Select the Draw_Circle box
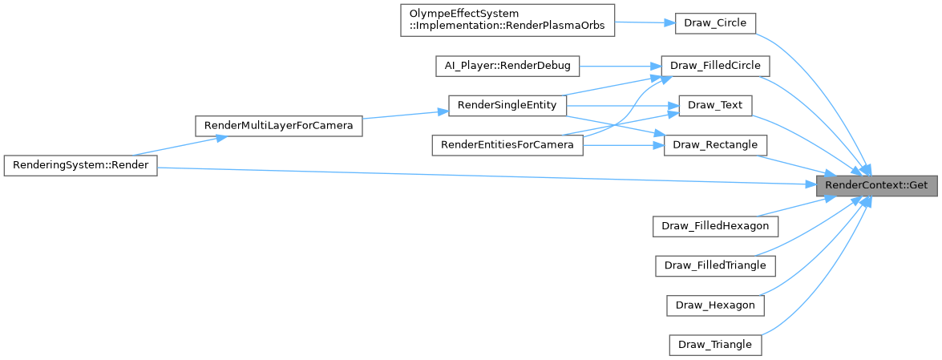(715, 22)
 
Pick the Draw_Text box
(715, 105)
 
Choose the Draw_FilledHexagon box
(715, 225)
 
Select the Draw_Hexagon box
(715, 305)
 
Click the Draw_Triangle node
(715, 345)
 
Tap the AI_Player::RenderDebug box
(507, 65)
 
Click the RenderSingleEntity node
(507, 105)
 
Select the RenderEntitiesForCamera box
(507, 145)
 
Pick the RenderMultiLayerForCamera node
(278, 125)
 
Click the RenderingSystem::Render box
(79, 164)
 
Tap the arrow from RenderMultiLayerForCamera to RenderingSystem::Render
(176, 145)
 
